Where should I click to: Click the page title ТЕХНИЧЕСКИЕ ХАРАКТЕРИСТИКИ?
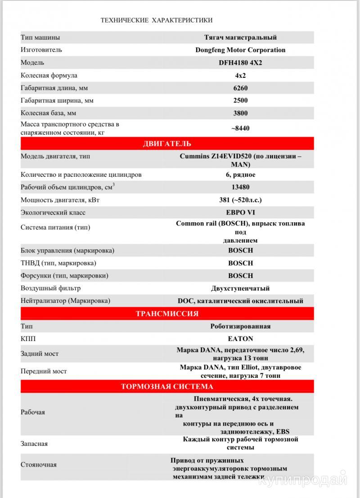point(157,20)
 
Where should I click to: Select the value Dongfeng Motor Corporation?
point(240,50)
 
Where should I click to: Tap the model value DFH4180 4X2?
point(240,63)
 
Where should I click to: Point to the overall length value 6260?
point(240,88)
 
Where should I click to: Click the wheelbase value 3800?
point(240,113)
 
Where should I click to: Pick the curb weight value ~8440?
point(240,128)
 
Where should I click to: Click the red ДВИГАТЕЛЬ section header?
point(167,144)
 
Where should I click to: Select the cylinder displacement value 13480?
point(240,187)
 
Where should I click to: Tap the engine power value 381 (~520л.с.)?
point(240,200)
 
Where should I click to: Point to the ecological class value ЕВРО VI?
point(240,212)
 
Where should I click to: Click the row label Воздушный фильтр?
point(51,288)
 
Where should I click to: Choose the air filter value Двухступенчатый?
point(240,288)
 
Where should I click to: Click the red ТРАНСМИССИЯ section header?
point(167,314)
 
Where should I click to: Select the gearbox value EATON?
point(240,339)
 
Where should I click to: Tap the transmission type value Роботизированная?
point(240,326)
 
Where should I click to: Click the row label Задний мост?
point(40,354)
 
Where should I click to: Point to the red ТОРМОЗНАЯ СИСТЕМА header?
point(167,386)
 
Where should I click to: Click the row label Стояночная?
point(39,465)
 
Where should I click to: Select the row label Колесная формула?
point(49,76)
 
